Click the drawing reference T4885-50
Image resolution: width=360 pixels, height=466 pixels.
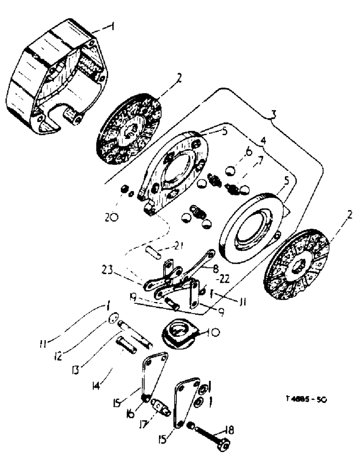(305, 400)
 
